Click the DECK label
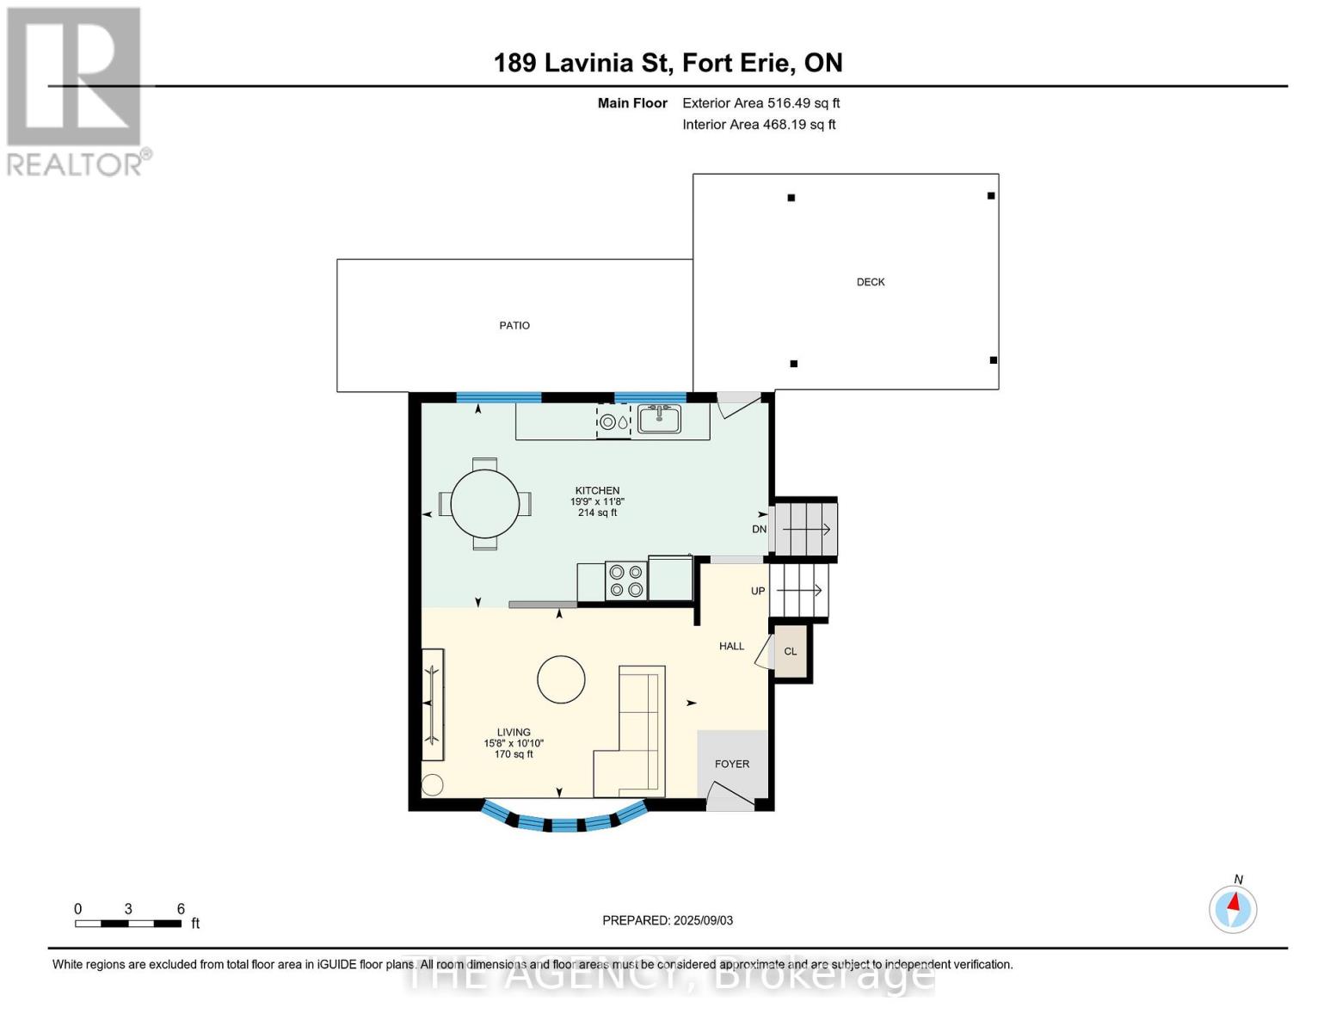(x=870, y=282)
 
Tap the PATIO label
(x=514, y=325)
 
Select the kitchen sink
(x=659, y=419)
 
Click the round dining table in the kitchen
(x=484, y=504)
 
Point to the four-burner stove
(x=626, y=580)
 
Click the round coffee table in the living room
(x=561, y=679)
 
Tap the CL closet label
(x=790, y=652)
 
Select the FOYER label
(x=731, y=764)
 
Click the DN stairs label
(x=760, y=529)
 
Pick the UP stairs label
(x=757, y=591)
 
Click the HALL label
(x=731, y=646)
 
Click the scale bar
(x=128, y=924)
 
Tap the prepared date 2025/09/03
(x=704, y=920)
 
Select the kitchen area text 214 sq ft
(x=597, y=513)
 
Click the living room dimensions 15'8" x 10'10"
(x=514, y=743)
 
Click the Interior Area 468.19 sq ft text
(x=759, y=125)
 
